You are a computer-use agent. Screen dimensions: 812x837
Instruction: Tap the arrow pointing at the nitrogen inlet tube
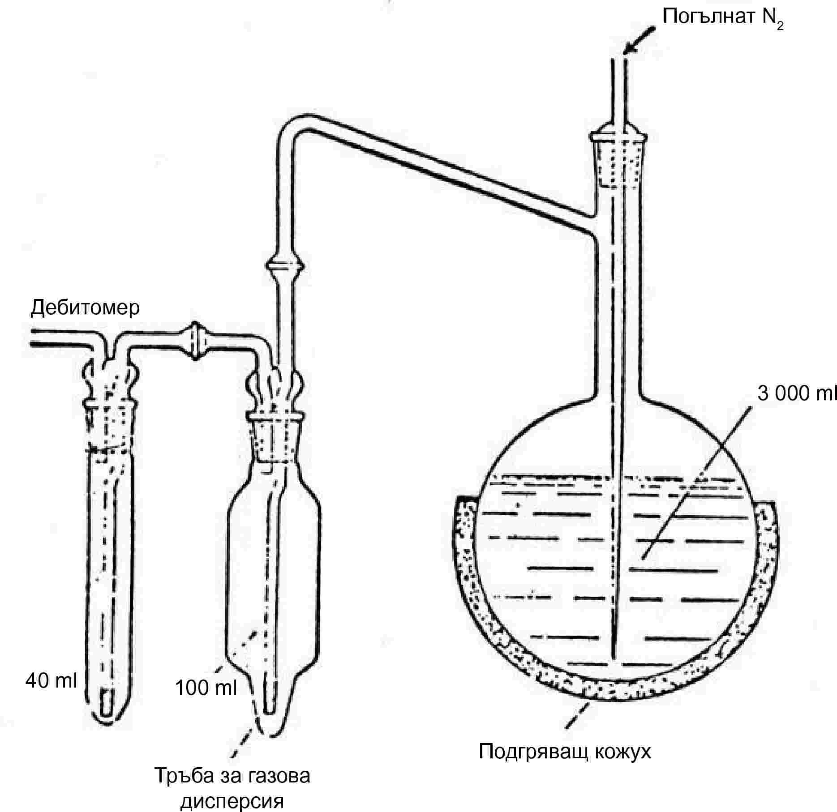click(639, 40)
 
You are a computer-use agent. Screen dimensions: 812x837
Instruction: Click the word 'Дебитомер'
click(85, 308)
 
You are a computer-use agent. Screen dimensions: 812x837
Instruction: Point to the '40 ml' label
click(51, 681)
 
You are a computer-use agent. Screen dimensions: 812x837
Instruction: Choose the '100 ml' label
click(206, 688)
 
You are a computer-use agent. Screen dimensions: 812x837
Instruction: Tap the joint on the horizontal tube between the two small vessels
click(195, 341)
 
